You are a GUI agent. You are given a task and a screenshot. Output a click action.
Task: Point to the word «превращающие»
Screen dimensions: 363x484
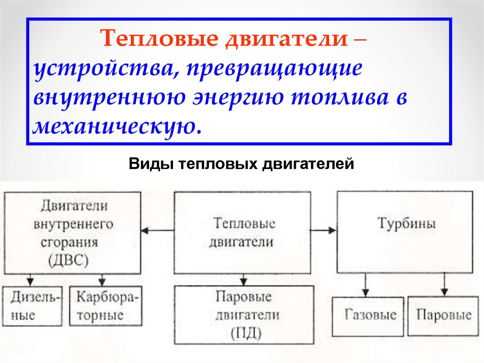[x=274, y=69]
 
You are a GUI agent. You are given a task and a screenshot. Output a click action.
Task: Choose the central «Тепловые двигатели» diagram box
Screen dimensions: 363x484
[x=242, y=232]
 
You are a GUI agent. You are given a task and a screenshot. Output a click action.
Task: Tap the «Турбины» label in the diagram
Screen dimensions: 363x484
[x=406, y=223]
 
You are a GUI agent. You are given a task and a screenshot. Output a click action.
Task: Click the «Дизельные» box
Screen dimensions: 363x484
[x=32, y=306]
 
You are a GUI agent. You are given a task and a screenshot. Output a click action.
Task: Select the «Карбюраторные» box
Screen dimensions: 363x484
[x=106, y=306]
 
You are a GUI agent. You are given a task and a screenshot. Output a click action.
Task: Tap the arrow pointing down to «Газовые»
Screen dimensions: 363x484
[x=364, y=285]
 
